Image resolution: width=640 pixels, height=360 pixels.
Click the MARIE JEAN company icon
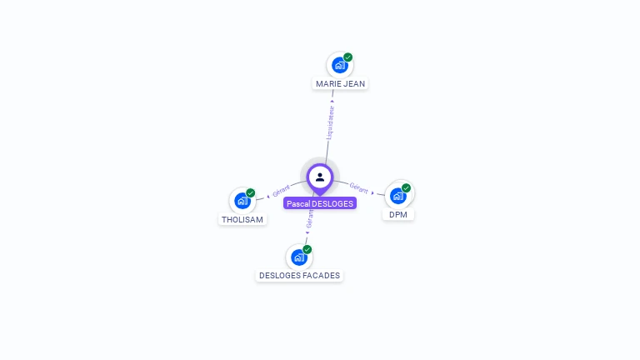pyautogui.click(x=340, y=65)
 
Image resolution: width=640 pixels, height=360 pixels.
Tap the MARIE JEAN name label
pyautogui.click(x=340, y=83)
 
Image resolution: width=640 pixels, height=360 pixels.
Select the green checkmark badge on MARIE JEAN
pyautogui.click(x=347, y=57)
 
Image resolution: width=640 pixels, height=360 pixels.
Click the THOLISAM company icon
pyautogui.click(x=242, y=201)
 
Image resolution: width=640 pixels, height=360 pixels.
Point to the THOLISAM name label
pyautogui.click(x=242, y=220)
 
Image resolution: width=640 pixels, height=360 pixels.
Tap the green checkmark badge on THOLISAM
pyautogui.click(x=251, y=193)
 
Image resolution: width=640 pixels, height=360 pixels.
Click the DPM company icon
pyautogui.click(x=398, y=196)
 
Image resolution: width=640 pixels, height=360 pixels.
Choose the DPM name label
pyautogui.click(x=398, y=215)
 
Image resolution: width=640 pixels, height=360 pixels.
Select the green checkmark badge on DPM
pyautogui.click(x=406, y=188)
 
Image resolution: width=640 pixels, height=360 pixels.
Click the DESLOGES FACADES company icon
pyautogui.click(x=299, y=257)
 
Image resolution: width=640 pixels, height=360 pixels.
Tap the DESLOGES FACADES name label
pyautogui.click(x=300, y=276)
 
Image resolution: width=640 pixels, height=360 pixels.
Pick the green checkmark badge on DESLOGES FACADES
pyautogui.click(x=307, y=249)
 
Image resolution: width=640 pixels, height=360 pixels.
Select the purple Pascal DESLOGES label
pyautogui.click(x=320, y=203)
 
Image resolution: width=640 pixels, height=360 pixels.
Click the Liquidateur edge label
pyautogui.click(x=330, y=122)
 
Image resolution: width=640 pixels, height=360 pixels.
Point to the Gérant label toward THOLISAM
pyautogui.click(x=281, y=191)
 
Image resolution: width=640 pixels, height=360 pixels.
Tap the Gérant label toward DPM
pyautogui.click(x=359, y=188)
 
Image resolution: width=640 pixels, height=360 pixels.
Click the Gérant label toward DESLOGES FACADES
pyautogui.click(x=310, y=219)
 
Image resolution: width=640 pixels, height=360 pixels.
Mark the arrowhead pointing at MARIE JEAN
pyautogui.click(x=332, y=101)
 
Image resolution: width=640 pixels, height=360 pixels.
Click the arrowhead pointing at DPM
pyautogui.click(x=372, y=192)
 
